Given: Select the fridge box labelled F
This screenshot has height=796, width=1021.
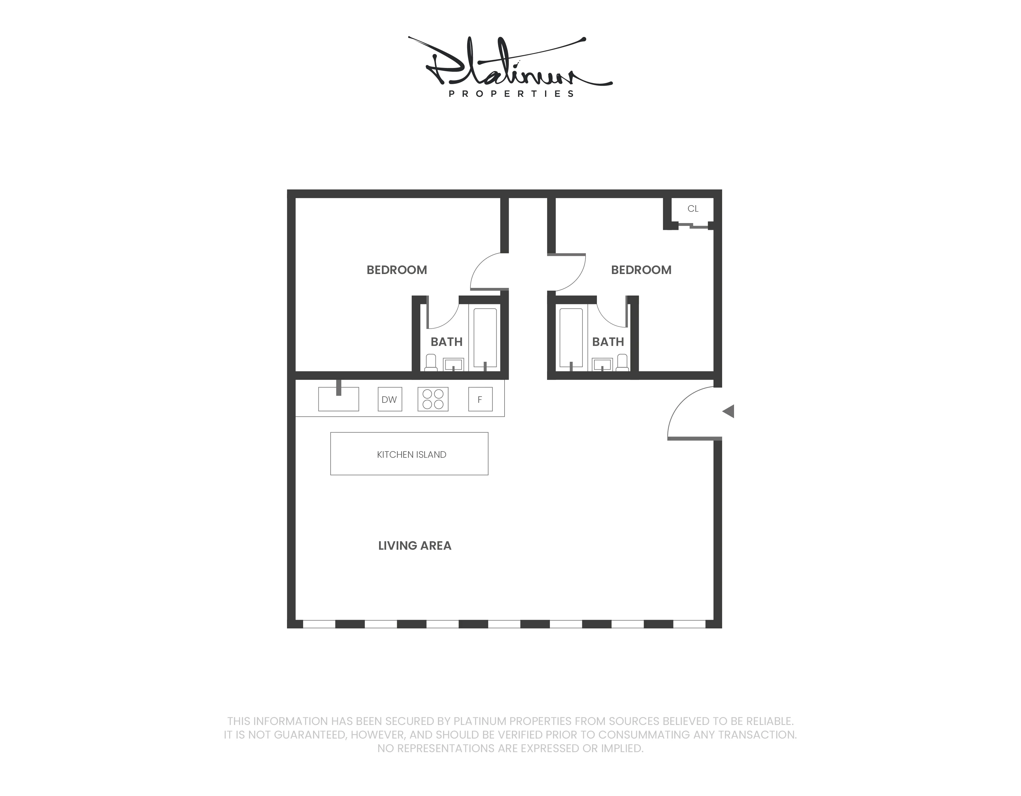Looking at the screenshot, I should tap(480, 399).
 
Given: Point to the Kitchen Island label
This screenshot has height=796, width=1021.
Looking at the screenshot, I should tap(411, 455).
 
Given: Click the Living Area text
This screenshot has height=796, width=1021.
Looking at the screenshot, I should tap(415, 545).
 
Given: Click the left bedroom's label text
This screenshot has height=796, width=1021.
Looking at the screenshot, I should tap(396, 270).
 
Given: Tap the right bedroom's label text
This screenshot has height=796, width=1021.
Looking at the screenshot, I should tap(641, 270).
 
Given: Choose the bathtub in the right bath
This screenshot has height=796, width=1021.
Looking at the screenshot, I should tap(571, 337).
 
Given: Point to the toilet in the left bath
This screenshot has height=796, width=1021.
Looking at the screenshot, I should tap(431, 363).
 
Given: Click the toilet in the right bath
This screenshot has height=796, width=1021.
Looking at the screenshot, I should tap(622, 363).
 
